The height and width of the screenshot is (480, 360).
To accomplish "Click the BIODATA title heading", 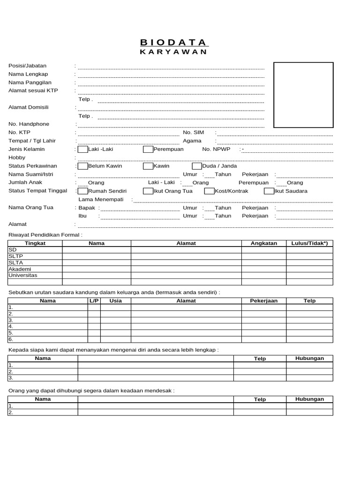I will (173, 43).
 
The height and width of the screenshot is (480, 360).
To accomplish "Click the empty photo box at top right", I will (303, 95).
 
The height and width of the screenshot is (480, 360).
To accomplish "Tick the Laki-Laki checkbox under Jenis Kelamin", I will (83, 150).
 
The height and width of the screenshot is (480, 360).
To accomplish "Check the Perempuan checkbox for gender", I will (148, 150).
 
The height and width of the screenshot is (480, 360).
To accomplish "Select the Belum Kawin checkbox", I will (83, 166).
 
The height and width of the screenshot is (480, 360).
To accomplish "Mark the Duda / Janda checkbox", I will (197, 166).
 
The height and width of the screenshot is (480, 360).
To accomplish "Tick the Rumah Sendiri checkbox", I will (83, 191).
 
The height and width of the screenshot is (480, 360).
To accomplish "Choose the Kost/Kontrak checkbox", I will (210, 191).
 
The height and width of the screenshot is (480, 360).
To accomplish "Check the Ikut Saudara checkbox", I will (269, 191).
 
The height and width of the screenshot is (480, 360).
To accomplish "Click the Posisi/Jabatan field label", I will (28, 66).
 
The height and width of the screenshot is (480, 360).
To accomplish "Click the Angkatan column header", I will (264, 243).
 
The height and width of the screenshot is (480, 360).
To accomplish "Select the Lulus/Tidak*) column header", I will (309, 243).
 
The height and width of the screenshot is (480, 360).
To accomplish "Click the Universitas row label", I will (22, 275).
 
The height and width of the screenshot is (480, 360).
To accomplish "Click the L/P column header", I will (94, 301).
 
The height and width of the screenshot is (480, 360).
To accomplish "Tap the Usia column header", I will (115, 301).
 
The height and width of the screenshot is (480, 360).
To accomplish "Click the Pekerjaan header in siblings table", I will (264, 301).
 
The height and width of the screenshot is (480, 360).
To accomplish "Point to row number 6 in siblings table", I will (11, 339).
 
